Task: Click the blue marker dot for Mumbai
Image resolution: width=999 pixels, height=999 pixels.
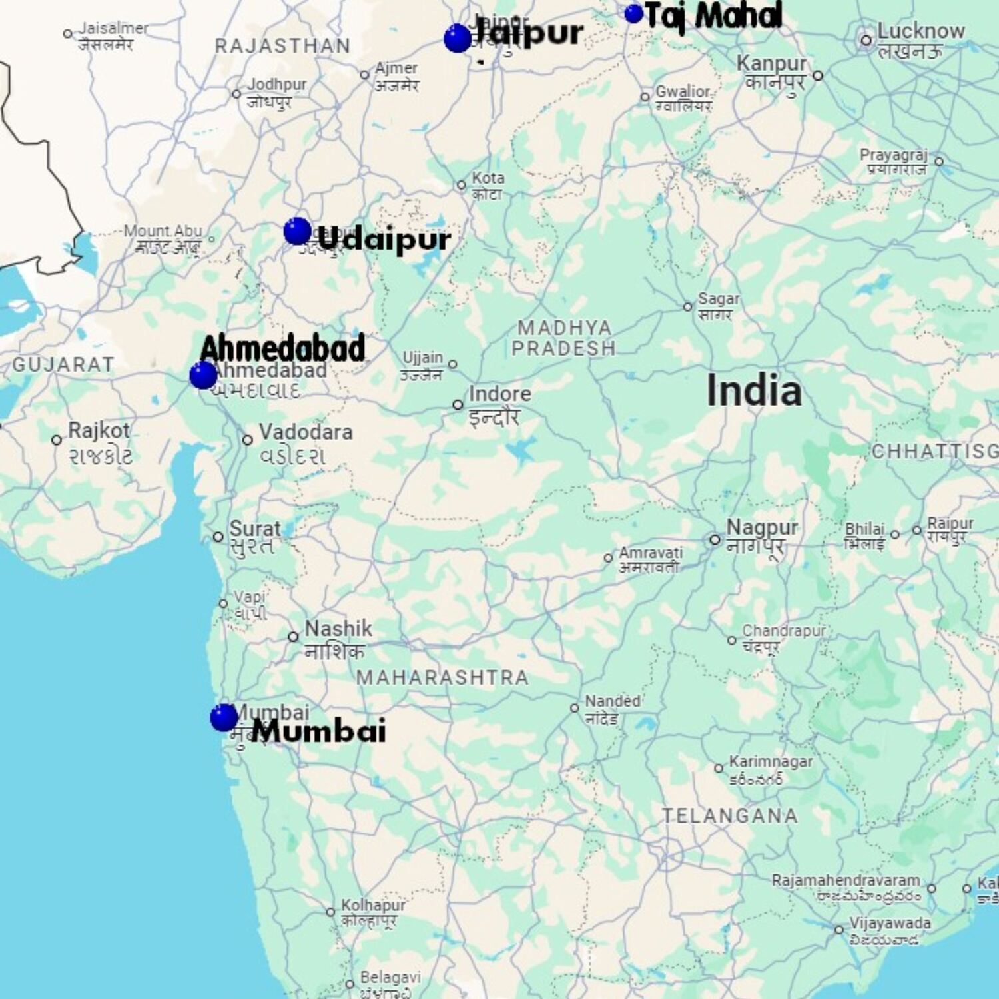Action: (x=224, y=717)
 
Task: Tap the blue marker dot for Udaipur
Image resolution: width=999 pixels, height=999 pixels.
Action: (x=297, y=231)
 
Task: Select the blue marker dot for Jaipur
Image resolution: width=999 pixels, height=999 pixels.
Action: (x=457, y=38)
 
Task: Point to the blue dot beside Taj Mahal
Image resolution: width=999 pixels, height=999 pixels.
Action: (x=633, y=13)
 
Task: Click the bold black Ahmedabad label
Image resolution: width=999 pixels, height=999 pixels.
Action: (x=282, y=348)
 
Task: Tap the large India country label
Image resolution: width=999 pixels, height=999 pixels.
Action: (x=754, y=390)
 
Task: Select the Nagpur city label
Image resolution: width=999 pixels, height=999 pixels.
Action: (x=761, y=527)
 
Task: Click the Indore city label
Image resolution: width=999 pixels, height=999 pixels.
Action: (x=499, y=394)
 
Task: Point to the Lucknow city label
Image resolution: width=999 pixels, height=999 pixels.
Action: (x=920, y=31)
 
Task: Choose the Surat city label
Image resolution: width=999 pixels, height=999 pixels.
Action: (x=255, y=529)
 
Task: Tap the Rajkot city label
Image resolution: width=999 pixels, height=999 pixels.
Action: (x=99, y=431)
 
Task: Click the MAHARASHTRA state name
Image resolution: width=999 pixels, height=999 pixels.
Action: (x=442, y=677)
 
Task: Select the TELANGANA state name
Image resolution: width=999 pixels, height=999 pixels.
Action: (x=729, y=815)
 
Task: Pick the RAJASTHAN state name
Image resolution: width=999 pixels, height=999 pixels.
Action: (x=282, y=46)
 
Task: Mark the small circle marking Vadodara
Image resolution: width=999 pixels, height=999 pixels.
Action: (x=248, y=440)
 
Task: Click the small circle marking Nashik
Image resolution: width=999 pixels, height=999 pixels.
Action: (x=293, y=637)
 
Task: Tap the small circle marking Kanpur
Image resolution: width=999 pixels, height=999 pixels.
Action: (x=818, y=76)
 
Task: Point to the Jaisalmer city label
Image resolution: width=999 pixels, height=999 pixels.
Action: (x=113, y=29)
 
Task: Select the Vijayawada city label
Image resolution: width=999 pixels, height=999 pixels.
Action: (x=890, y=924)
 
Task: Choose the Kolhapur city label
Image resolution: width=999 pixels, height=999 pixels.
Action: (x=373, y=906)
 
